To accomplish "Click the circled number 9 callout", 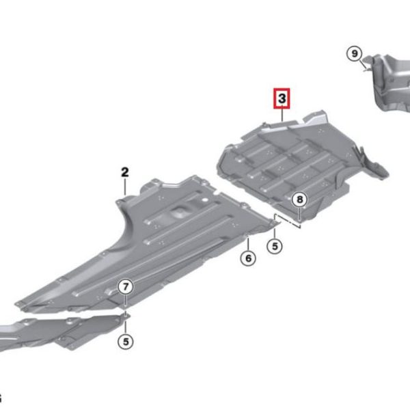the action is (354, 54).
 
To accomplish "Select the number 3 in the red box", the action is (282, 98).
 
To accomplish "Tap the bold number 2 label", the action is (125, 172).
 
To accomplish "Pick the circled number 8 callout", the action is (300, 200).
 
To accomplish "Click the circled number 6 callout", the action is (248, 258).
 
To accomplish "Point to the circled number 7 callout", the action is (126, 286).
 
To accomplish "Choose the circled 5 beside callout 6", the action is (275, 246).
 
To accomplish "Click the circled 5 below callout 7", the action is (126, 342).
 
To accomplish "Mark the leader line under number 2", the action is (125, 187).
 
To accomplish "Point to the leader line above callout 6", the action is (248, 243).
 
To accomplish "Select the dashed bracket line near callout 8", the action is (287, 220).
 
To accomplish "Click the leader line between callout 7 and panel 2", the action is (126, 301).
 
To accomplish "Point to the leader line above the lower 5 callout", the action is (126, 327).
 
